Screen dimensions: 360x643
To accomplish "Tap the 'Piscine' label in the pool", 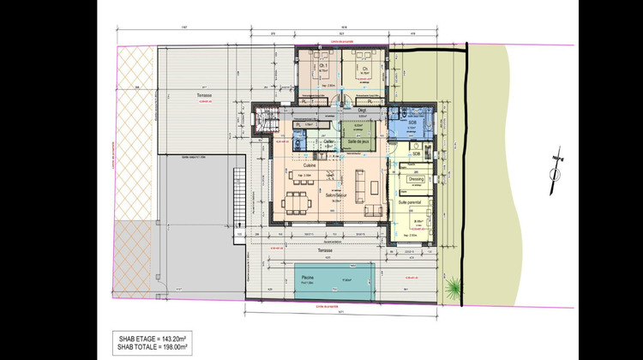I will tap(304, 276).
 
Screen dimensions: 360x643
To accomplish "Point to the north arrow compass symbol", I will tap(556, 172).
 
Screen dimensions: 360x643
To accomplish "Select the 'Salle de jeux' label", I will tap(358, 143).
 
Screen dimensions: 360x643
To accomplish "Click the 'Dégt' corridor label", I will tap(363, 110).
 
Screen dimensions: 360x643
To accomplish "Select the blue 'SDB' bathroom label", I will tap(412, 123).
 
